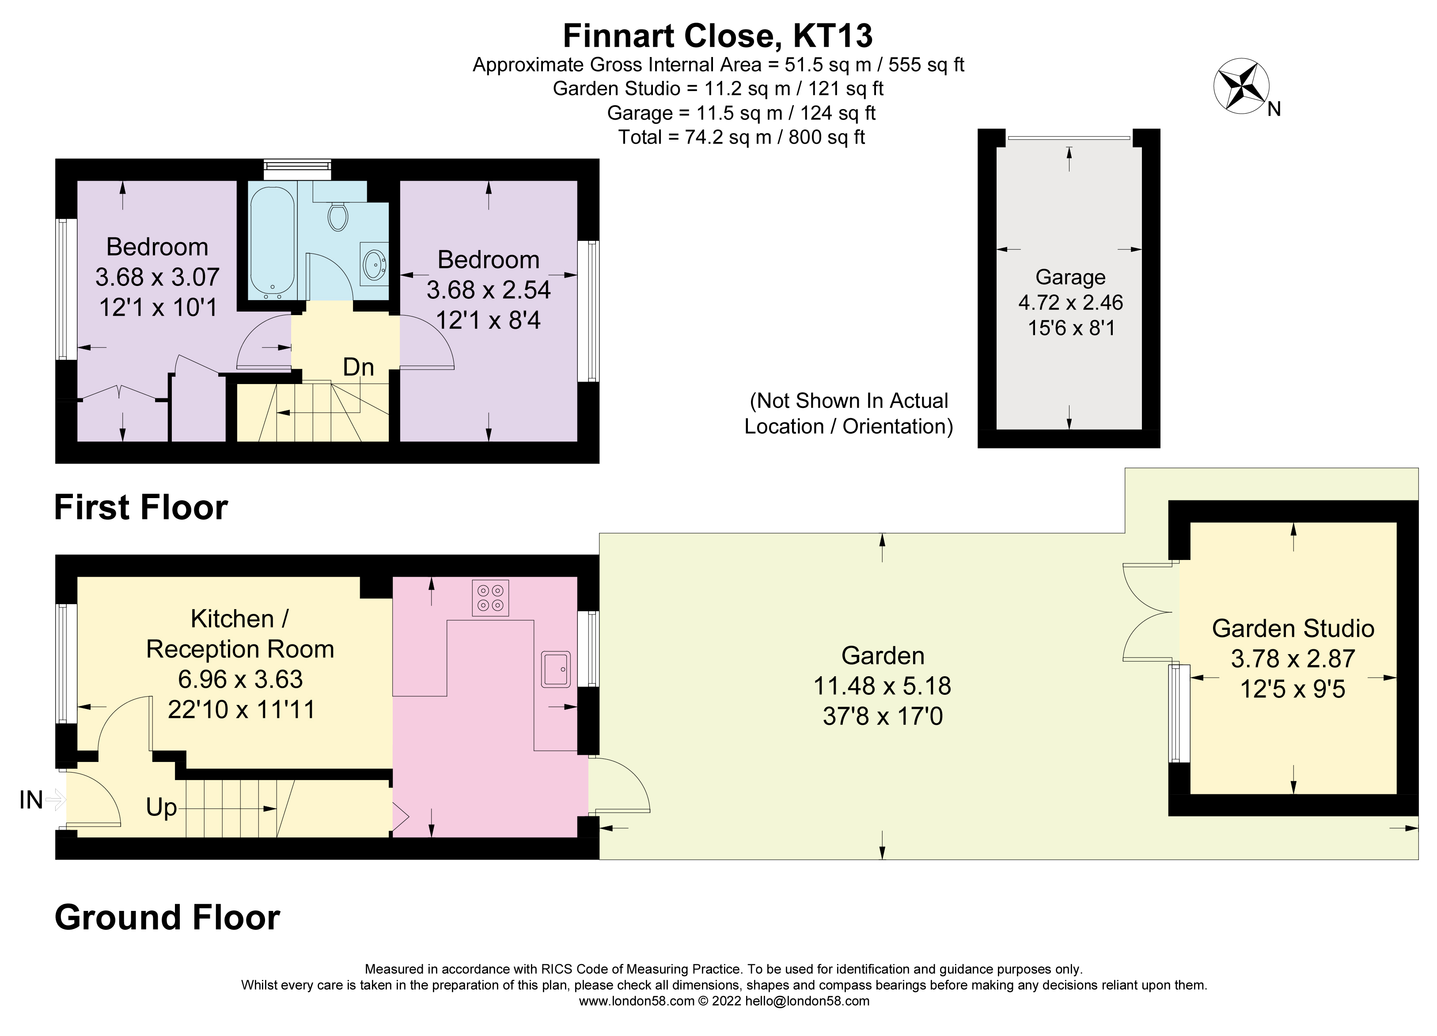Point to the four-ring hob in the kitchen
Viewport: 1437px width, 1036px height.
490,598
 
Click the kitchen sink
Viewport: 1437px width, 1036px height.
556,669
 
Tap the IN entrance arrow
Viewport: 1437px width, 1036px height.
54,800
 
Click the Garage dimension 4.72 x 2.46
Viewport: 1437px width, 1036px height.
1070,302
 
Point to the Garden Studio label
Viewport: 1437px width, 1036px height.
1293,628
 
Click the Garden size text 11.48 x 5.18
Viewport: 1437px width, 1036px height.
882,686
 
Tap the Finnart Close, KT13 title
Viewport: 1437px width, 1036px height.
717,35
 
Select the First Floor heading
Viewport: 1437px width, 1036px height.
140,507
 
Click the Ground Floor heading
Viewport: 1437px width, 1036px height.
167,918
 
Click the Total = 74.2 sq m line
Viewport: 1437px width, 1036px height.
741,137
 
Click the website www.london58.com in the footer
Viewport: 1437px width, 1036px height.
637,1001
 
